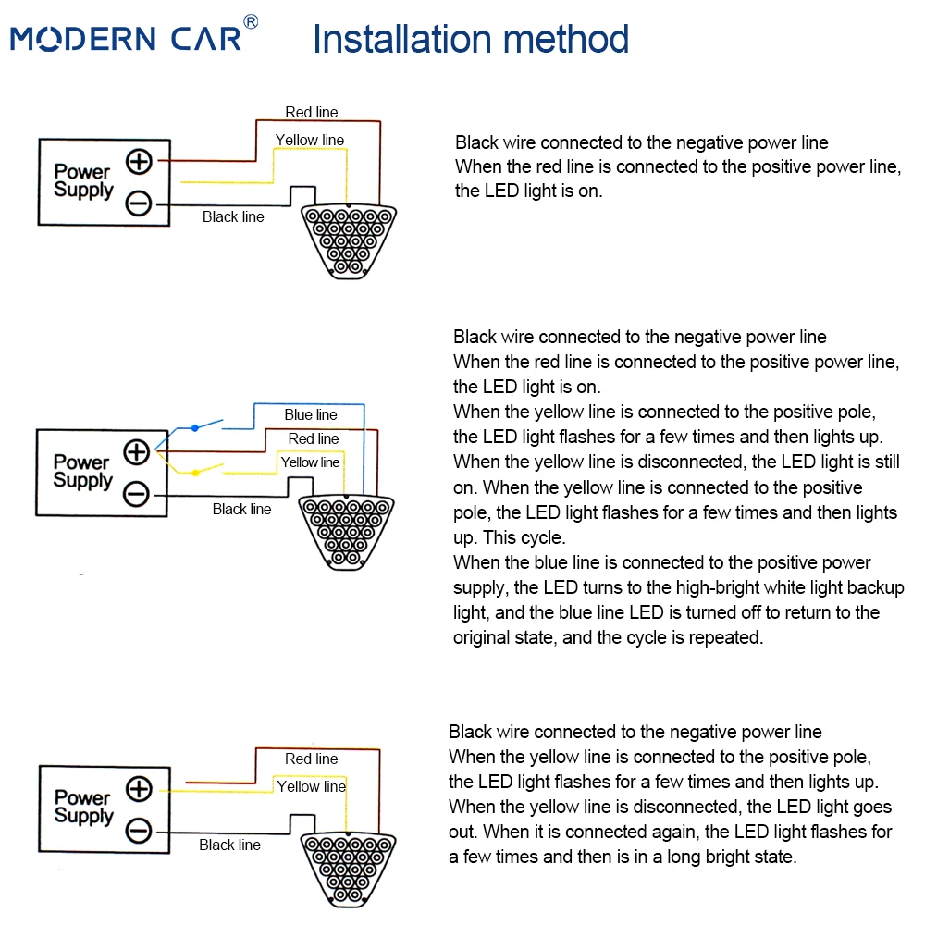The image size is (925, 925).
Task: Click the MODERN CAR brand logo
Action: pyautogui.click(x=126, y=38)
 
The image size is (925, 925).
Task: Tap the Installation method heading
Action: pyautogui.click(x=471, y=39)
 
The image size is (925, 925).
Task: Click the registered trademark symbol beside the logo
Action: pyautogui.click(x=251, y=22)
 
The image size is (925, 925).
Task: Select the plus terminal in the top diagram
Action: pyautogui.click(x=140, y=161)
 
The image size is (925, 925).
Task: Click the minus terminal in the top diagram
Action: pyautogui.click(x=139, y=203)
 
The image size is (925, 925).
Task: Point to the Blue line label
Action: pyautogui.click(x=311, y=414)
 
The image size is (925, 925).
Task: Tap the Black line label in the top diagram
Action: pyautogui.click(x=233, y=217)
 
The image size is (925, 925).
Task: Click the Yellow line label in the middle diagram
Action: pyautogui.click(x=310, y=462)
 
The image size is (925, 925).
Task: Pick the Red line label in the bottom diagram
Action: pyautogui.click(x=312, y=758)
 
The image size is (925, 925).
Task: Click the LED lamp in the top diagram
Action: pyautogui.click(x=349, y=241)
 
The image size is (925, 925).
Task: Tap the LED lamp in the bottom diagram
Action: pyautogui.click(x=348, y=869)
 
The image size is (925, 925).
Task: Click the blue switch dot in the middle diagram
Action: pyautogui.click(x=194, y=427)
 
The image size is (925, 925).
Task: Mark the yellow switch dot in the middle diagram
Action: pyautogui.click(x=196, y=473)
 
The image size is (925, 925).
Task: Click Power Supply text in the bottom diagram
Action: pyautogui.click(x=83, y=807)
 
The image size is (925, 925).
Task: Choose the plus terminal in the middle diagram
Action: pyautogui.click(x=136, y=452)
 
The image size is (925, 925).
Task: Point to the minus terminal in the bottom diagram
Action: pyautogui.click(x=139, y=831)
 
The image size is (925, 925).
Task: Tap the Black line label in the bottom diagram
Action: pyautogui.click(x=229, y=845)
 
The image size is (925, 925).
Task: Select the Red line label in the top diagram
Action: pyautogui.click(x=312, y=112)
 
